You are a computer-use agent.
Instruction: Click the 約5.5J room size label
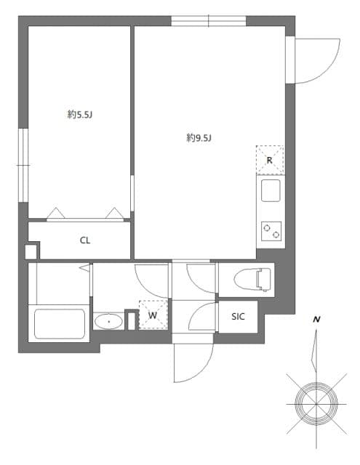[x=78, y=114]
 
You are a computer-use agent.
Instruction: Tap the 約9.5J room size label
[x=198, y=137]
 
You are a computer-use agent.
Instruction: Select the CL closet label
[x=85, y=240]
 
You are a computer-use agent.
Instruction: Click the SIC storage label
[x=238, y=316]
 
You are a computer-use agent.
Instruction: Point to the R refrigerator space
[x=269, y=161]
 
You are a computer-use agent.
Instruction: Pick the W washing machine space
[x=153, y=315]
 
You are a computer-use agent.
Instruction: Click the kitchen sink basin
[x=269, y=193]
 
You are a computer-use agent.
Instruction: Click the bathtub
[x=60, y=323]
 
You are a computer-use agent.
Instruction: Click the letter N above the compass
[x=316, y=319]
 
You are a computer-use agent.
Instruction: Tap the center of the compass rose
[x=316, y=400]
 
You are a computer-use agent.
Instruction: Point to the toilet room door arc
[x=201, y=278]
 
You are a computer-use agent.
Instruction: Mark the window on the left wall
[x=23, y=166]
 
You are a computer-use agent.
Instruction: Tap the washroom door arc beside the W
[x=151, y=280]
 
